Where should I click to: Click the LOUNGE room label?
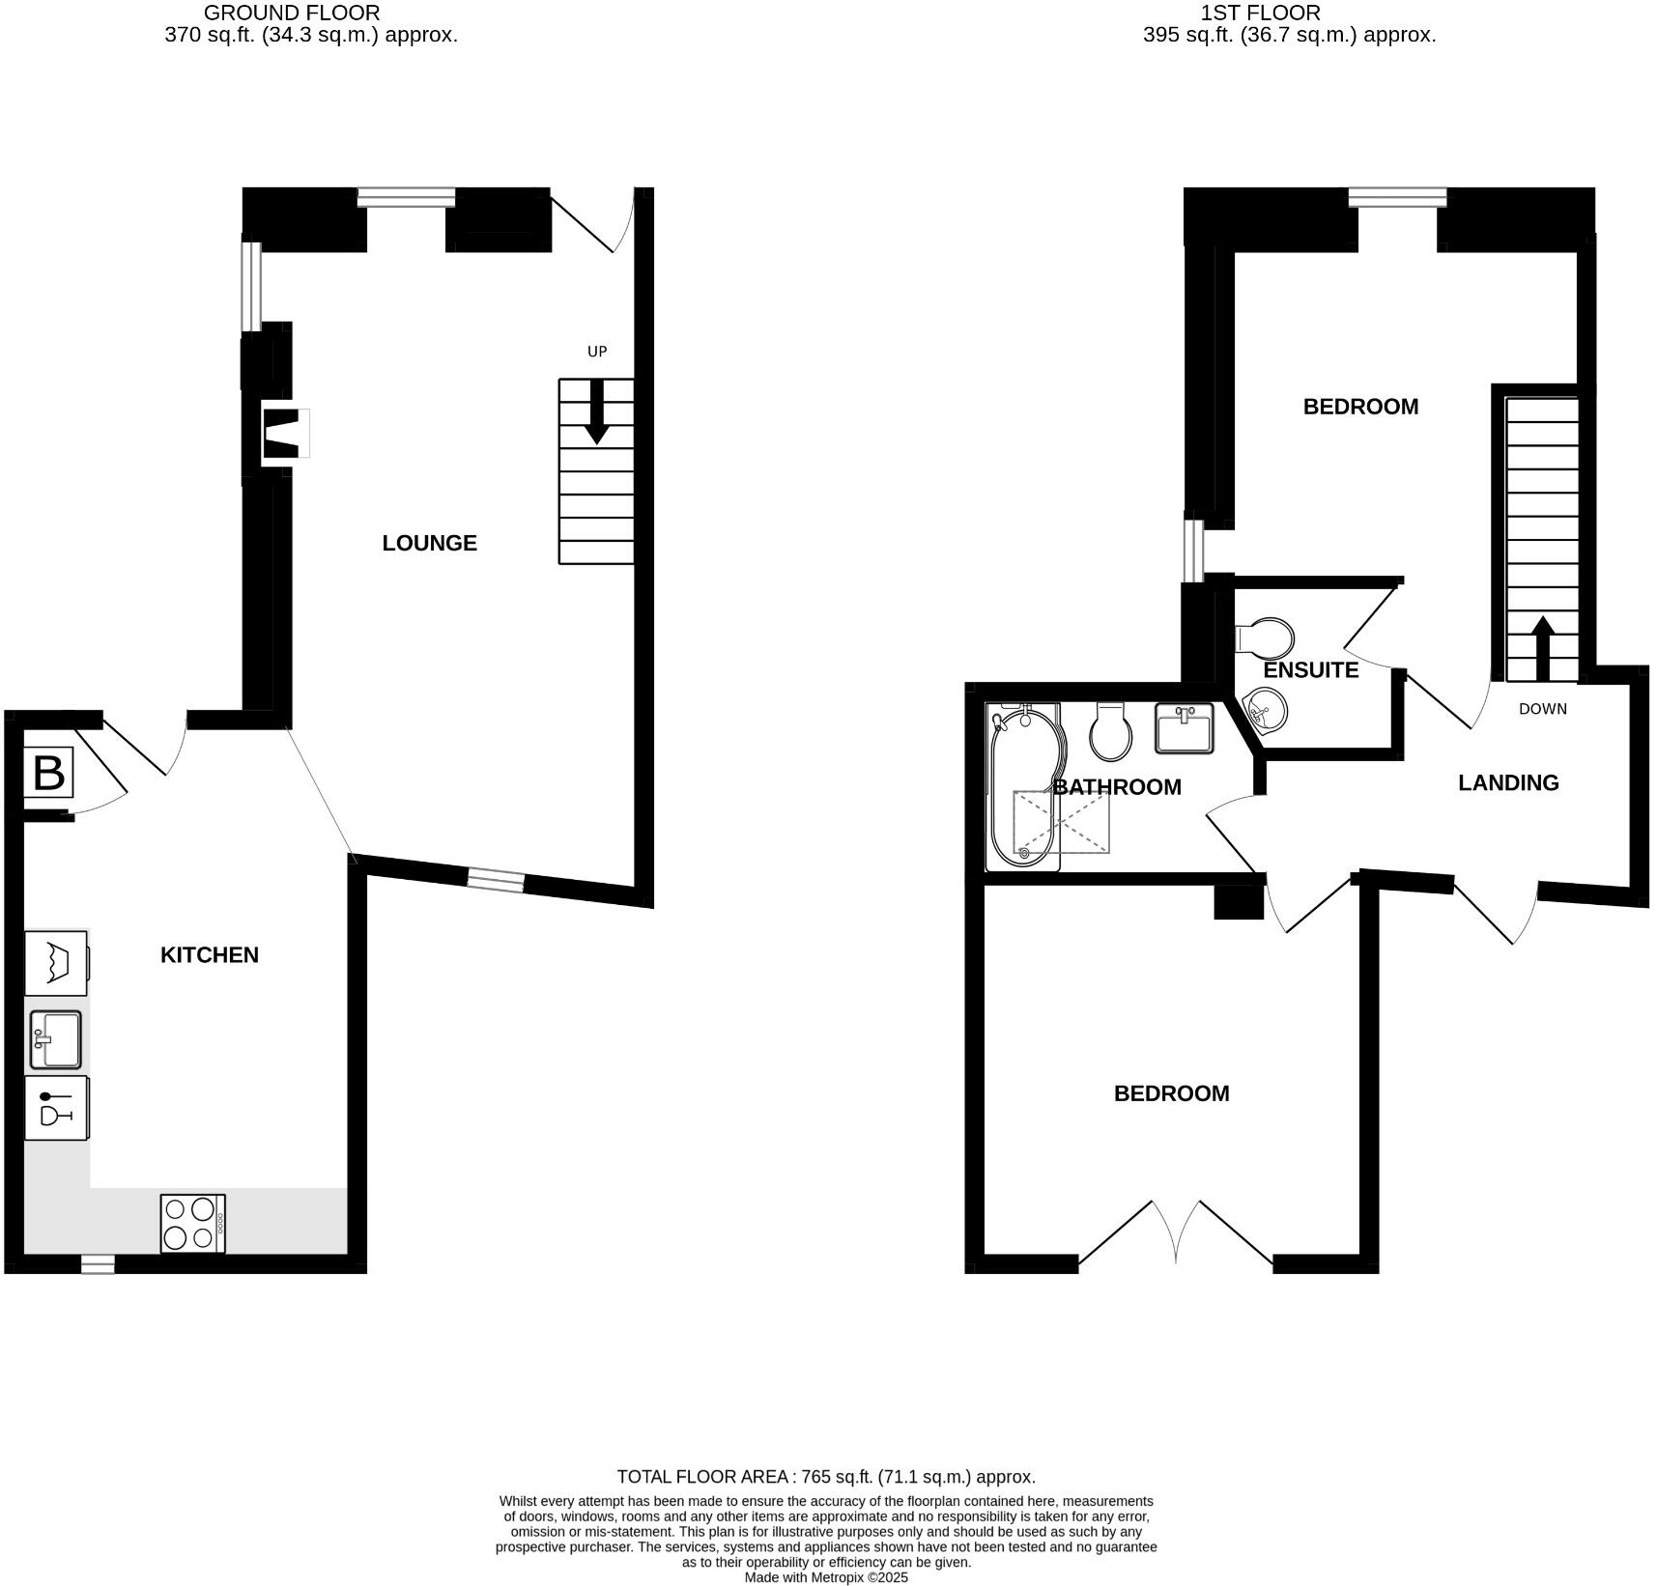click(429, 543)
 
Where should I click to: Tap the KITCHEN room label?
click(209, 954)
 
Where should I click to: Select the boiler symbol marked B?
click(48, 773)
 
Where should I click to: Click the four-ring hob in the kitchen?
click(192, 1224)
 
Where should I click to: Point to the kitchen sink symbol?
click(55, 1039)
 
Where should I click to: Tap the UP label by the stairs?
click(597, 352)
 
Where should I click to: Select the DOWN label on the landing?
click(1542, 709)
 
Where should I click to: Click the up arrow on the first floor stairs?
click(1542, 648)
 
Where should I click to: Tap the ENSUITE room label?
click(1310, 669)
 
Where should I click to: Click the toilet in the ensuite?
click(1266, 637)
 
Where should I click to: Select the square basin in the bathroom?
click(1185, 727)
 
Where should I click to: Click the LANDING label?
click(1507, 782)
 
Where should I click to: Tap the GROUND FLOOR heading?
click(292, 14)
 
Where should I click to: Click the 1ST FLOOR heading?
click(1260, 14)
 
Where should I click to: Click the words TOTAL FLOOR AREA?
click(704, 1477)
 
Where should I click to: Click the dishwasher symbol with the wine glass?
click(56, 1108)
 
